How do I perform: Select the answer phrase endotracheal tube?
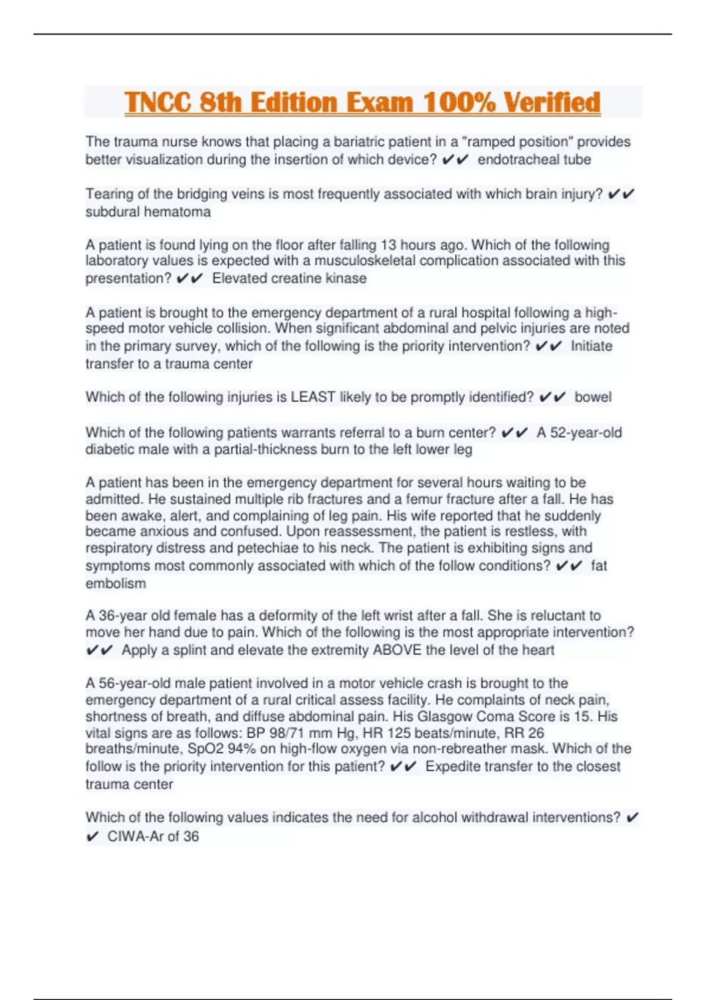pos(534,159)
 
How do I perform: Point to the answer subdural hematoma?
pos(148,212)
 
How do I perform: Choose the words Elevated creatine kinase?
pos(289,278)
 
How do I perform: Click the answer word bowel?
pos(593,397)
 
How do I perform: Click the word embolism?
pos(116,584)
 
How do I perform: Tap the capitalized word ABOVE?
pos(397,650)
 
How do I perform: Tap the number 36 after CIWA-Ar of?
pos(191,836)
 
